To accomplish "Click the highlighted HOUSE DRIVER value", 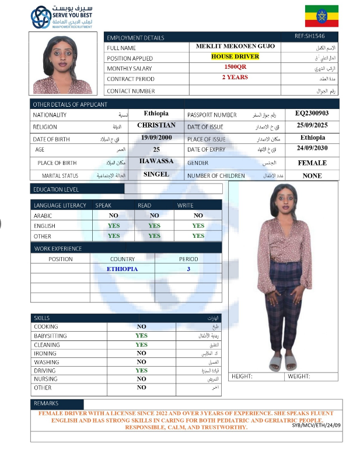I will coord(235,57).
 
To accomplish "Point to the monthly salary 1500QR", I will coord(235,68).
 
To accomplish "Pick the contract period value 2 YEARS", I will coord(235,78).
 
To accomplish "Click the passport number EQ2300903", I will coord(312,114).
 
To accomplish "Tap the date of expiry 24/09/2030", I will coord(312,149).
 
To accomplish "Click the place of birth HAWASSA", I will coord(156,161).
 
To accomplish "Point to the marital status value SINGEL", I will coord(156,174).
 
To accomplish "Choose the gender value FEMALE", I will coord(312,163).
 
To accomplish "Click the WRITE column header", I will coord(185,205).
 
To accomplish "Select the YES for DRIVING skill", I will coord(141,370).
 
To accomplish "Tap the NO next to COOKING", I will coord(141,327).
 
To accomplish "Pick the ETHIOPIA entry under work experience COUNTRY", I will coord(122,269).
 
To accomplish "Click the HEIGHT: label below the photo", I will coord(242,377).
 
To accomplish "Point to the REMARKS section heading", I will coord(46,403).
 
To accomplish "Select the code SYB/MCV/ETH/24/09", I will coord(316,425).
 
